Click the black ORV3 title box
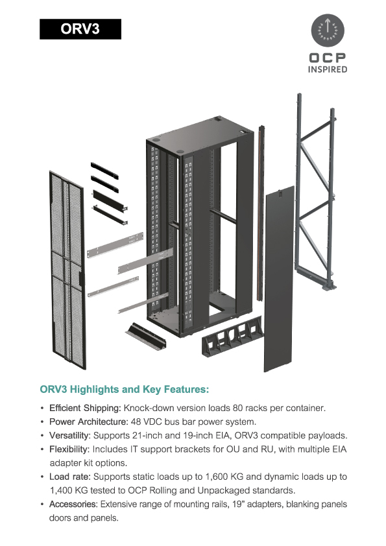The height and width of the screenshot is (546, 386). (80, 29)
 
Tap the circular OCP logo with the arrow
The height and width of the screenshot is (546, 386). (328, 30)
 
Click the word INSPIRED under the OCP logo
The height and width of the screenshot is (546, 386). (328, 69)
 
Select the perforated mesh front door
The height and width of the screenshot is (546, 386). (67, 270)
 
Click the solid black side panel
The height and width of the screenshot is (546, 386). (279, 279)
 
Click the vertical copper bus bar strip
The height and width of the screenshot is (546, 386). (261, 213)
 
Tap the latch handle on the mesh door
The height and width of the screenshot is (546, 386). (82, 278)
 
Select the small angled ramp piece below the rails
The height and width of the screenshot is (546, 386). (146, 336)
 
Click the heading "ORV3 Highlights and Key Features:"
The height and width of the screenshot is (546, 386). (125, 389)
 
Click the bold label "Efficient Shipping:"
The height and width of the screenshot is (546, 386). (85, 408)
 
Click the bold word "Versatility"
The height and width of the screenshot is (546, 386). (69, 436)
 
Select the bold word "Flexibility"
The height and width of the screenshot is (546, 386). (69, 449)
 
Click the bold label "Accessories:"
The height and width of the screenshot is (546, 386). (73, 504)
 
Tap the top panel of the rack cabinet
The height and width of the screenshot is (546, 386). (200, 135)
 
